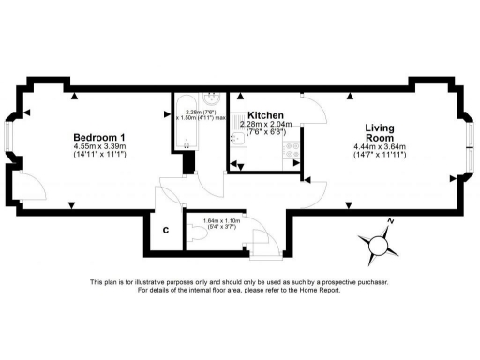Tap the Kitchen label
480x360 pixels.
tap(265, 115)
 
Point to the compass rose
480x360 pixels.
tap(378, 244)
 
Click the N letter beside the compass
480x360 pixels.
tap(391, 222)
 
